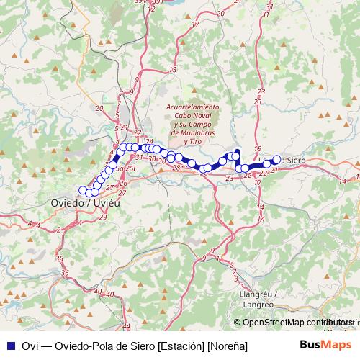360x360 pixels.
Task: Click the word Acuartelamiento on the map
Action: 192,107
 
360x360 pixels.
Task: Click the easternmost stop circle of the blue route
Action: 276,159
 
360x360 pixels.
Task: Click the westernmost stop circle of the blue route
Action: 83,190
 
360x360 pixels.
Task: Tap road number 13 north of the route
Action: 173,69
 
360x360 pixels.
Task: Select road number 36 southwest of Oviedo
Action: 66,273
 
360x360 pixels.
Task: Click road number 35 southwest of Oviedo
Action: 59,258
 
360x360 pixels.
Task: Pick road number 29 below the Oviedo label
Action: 103,217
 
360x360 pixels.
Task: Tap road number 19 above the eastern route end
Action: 258,148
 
